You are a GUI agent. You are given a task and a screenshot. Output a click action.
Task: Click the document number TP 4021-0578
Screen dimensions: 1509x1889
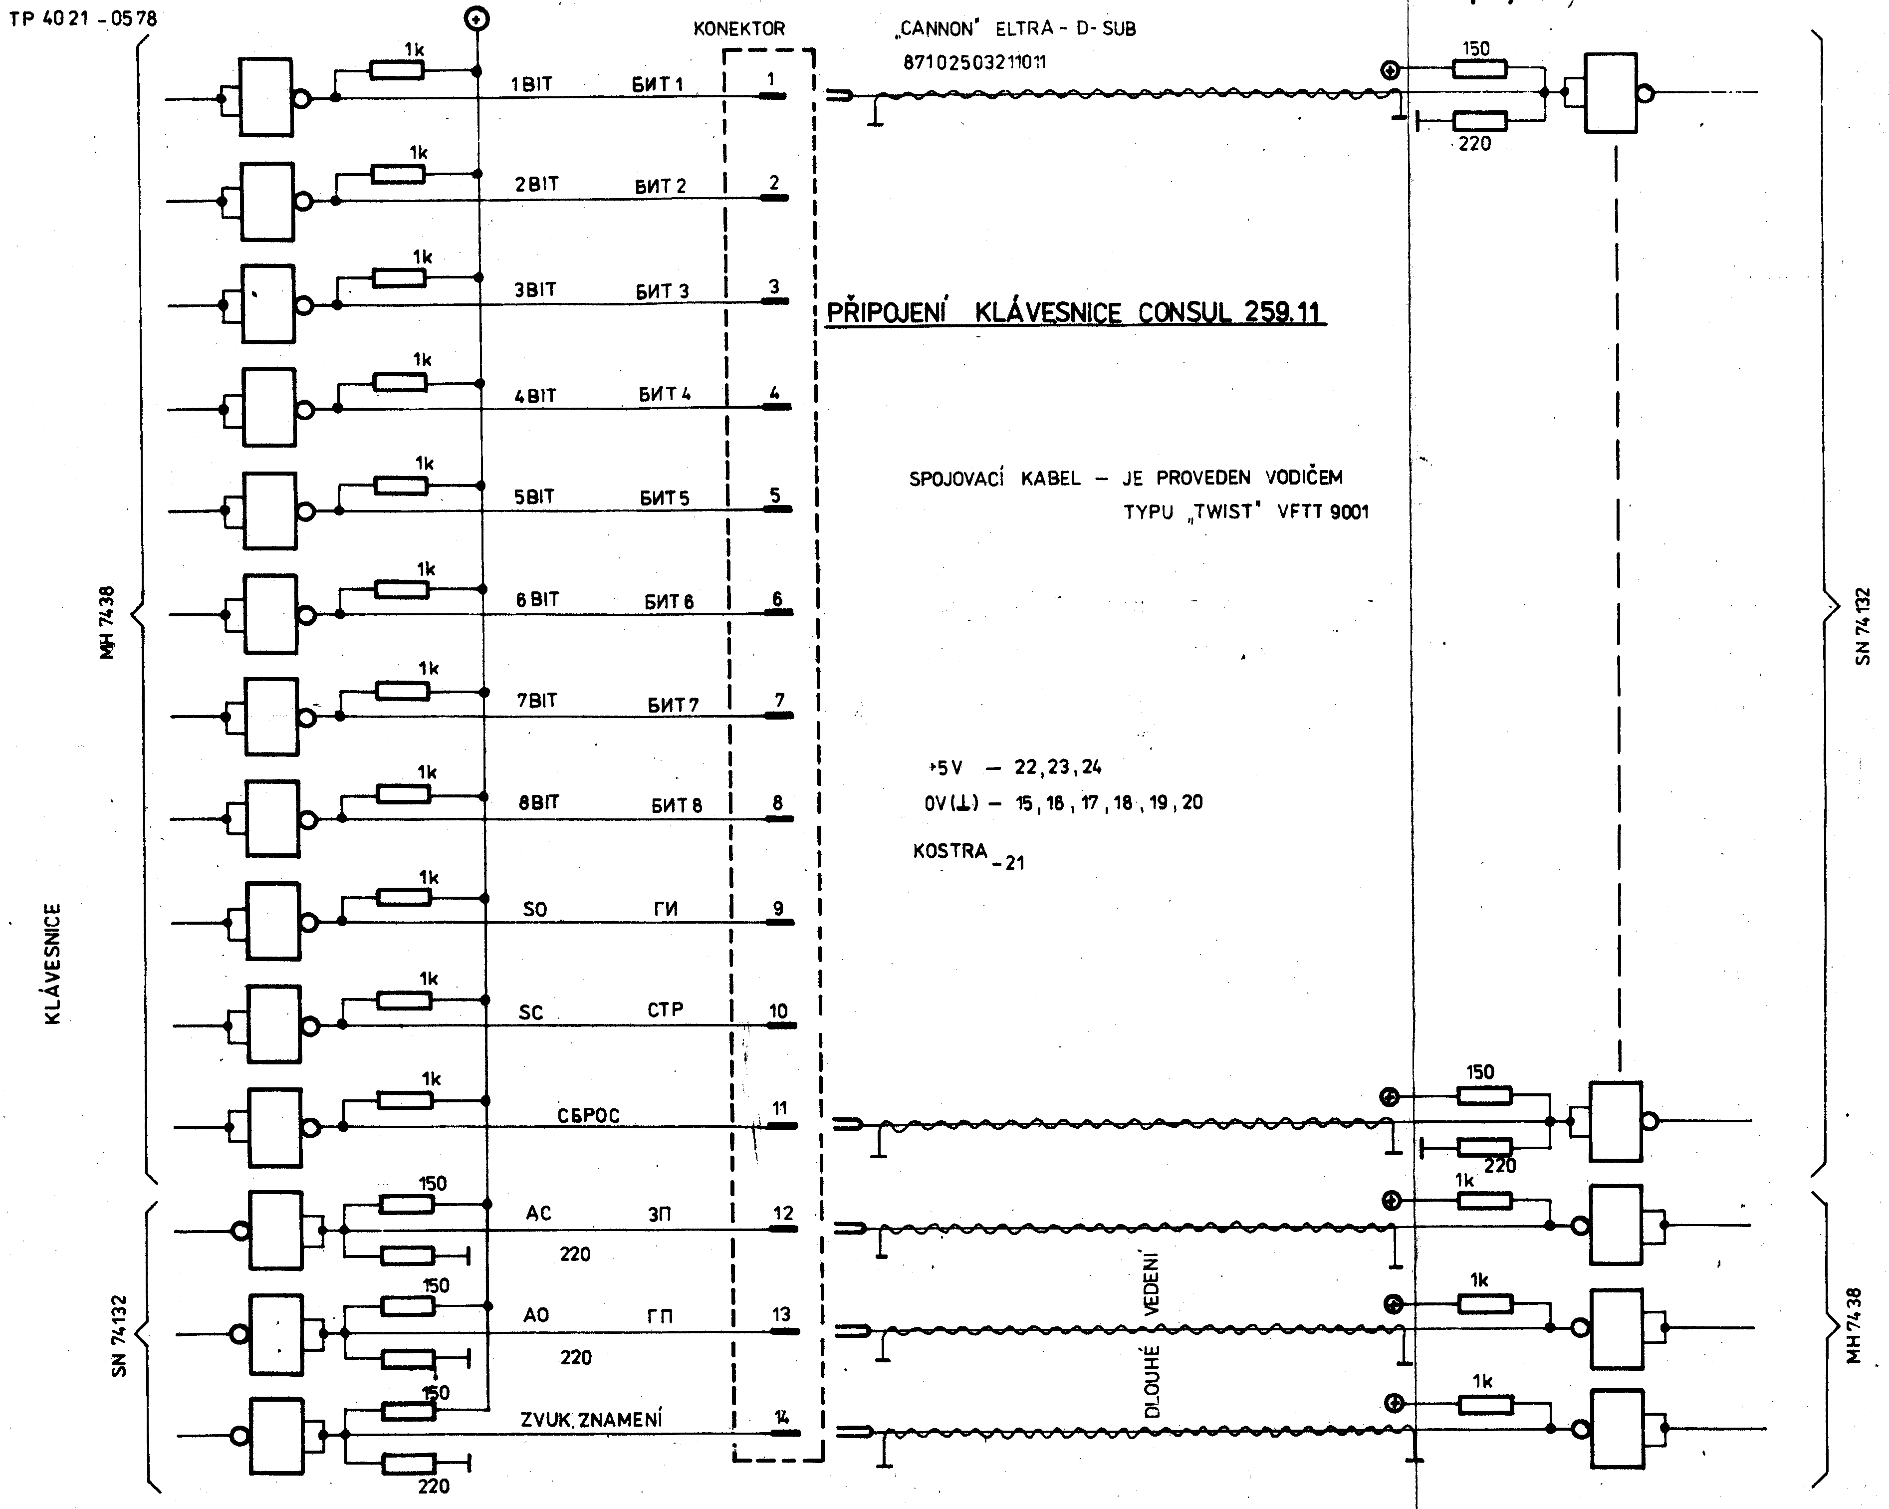(83, 18)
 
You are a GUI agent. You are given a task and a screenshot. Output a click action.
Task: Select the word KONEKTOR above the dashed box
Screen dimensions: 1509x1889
(738, 29)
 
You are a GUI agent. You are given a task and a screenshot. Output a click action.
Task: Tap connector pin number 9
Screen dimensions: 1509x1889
(778, 909)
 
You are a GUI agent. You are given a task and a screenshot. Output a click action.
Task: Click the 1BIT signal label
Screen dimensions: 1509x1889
(531, 84)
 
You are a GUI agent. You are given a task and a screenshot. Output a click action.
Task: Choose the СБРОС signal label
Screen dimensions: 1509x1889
(588, 1116)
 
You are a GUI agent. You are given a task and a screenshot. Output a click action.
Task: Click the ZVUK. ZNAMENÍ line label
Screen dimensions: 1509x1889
(591, 1420)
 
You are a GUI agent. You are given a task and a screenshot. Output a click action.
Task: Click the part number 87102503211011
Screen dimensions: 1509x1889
(974, 62)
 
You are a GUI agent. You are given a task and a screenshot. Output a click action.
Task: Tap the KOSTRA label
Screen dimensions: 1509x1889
(950, 851)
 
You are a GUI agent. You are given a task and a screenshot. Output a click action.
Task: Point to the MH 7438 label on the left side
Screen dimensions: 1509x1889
(107, 622)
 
